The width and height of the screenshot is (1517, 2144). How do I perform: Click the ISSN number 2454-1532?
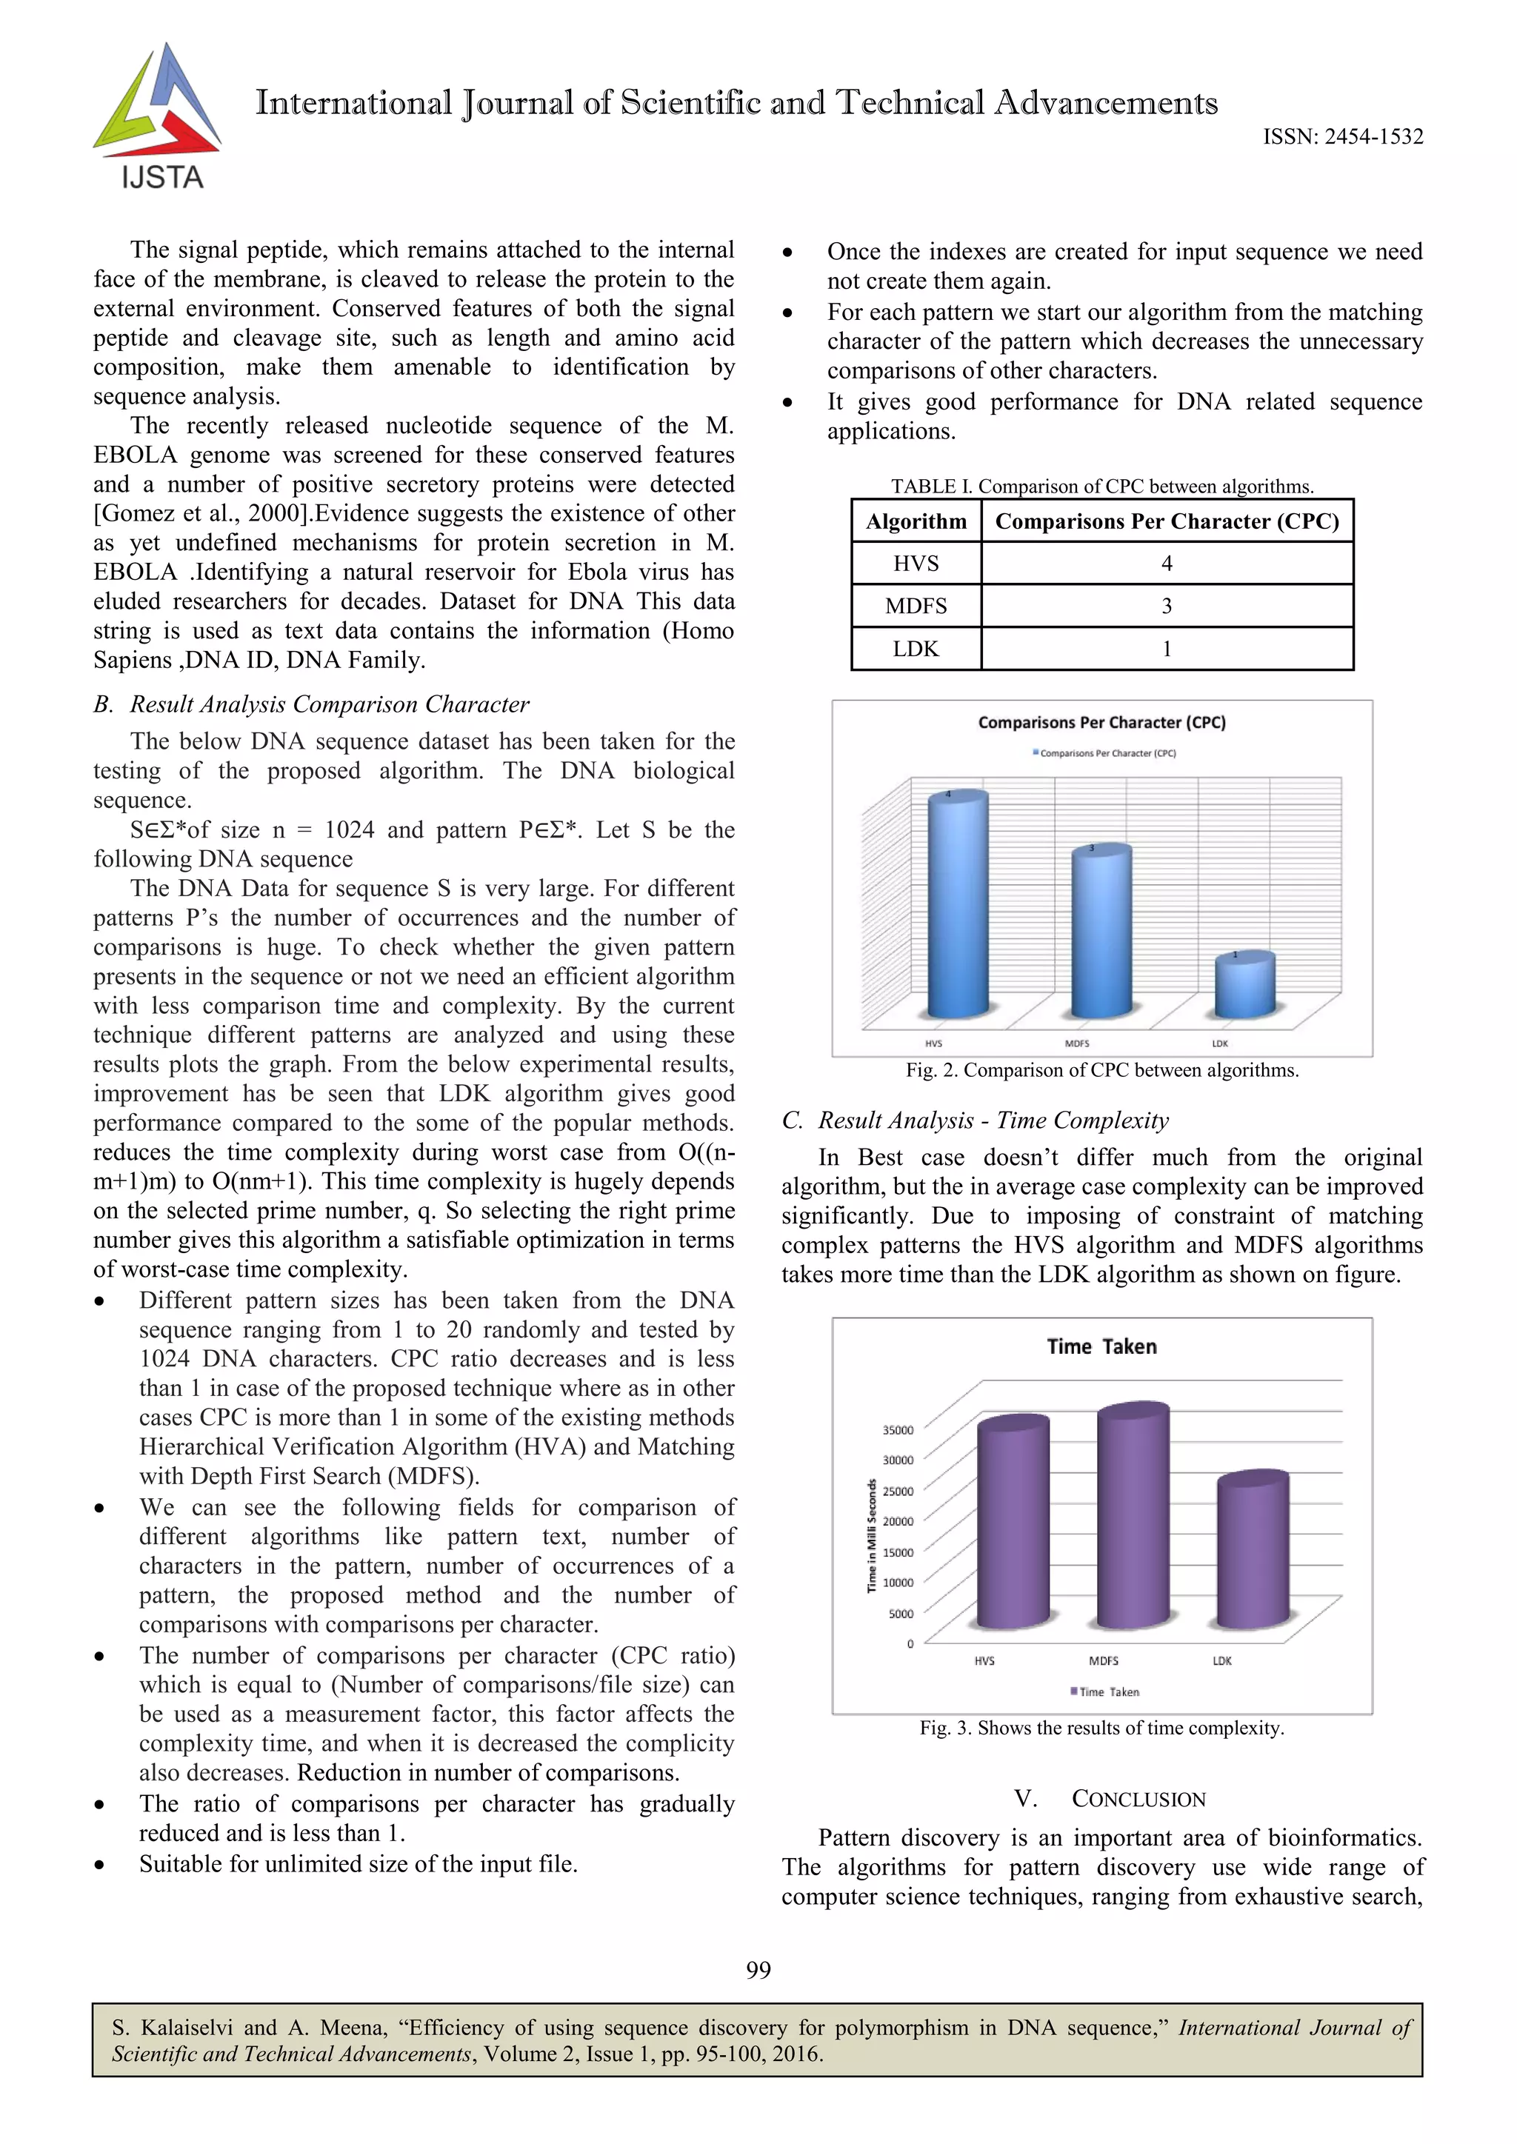tap(1342, 137)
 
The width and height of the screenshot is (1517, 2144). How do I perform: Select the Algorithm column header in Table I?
tap(916, 521)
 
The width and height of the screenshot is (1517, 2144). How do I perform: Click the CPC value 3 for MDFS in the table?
tap(1166, 606)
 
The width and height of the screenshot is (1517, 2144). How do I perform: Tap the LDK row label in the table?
tap(916, 649)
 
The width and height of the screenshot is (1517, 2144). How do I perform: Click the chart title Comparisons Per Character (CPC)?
tap(1101, 722)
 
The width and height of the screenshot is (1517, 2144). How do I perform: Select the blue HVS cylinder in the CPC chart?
tap(958, 906)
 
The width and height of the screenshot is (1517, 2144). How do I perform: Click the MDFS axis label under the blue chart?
tap(1077, 1043)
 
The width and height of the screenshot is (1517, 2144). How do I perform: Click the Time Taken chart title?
tap(1101, 1346)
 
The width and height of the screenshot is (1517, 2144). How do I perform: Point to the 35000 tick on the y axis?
tap(898, 1429)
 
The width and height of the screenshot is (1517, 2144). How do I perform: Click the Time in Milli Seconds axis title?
tap(872, 1535)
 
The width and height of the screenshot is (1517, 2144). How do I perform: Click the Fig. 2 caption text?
tap(1101, 1070)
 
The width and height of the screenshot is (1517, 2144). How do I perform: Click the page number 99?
tap(758, 1969)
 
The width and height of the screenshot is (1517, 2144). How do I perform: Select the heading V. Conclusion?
tap(1110, 1798)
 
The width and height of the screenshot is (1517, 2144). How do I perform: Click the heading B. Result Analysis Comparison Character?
tap(311, 704)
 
